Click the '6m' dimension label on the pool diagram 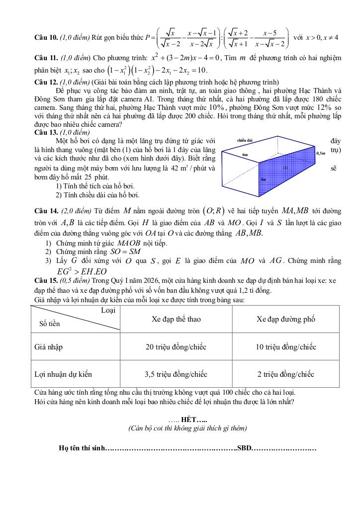(245, 155)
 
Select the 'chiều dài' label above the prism (245, 140)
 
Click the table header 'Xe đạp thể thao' (176, 319)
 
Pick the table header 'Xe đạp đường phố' (285, 319)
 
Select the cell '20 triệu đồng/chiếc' (176, 347)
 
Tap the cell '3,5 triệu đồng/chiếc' (176, 374)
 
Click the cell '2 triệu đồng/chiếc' (285, 374)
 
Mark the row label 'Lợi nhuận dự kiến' (63, 374)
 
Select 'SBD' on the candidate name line (244, 448)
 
